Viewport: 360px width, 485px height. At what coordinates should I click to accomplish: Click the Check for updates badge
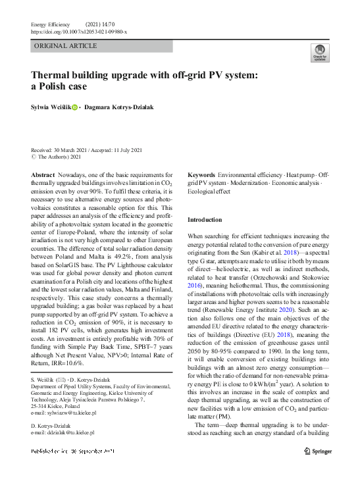(319, 52)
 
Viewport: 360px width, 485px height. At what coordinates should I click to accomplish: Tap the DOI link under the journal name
(79, 32)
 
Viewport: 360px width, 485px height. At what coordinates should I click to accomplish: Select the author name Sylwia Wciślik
(49, 107)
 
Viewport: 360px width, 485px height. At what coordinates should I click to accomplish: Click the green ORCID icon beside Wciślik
(74, 107)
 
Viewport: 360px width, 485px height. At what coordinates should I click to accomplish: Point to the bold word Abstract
(43, 174)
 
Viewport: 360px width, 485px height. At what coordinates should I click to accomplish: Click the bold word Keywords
(201, 174)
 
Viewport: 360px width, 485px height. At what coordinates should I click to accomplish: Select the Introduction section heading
(205, 219)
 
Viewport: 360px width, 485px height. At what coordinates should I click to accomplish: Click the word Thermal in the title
(53, 75)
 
